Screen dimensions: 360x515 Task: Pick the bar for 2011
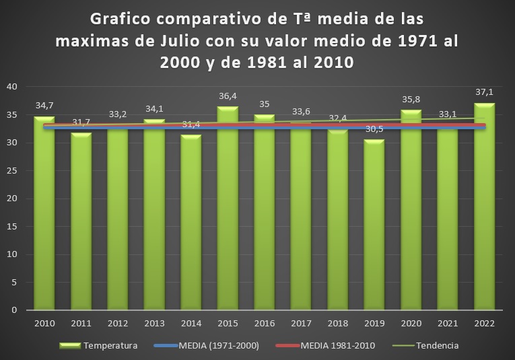click(x=81, y=222)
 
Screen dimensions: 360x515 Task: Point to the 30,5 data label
click(x=374, y=128)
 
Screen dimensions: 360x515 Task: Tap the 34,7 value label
click(x=44, y=106)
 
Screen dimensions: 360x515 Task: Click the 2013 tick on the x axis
click(x=154, y=324)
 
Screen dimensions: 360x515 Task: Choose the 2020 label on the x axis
click(x=411, y=324)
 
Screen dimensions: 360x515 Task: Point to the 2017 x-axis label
click(x=301, y=324)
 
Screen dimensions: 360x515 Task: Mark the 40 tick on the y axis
click(x=12, y=87)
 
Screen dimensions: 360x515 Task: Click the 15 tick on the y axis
click(x=12, y=226)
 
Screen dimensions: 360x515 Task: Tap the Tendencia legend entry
click(x=436, y=346)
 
